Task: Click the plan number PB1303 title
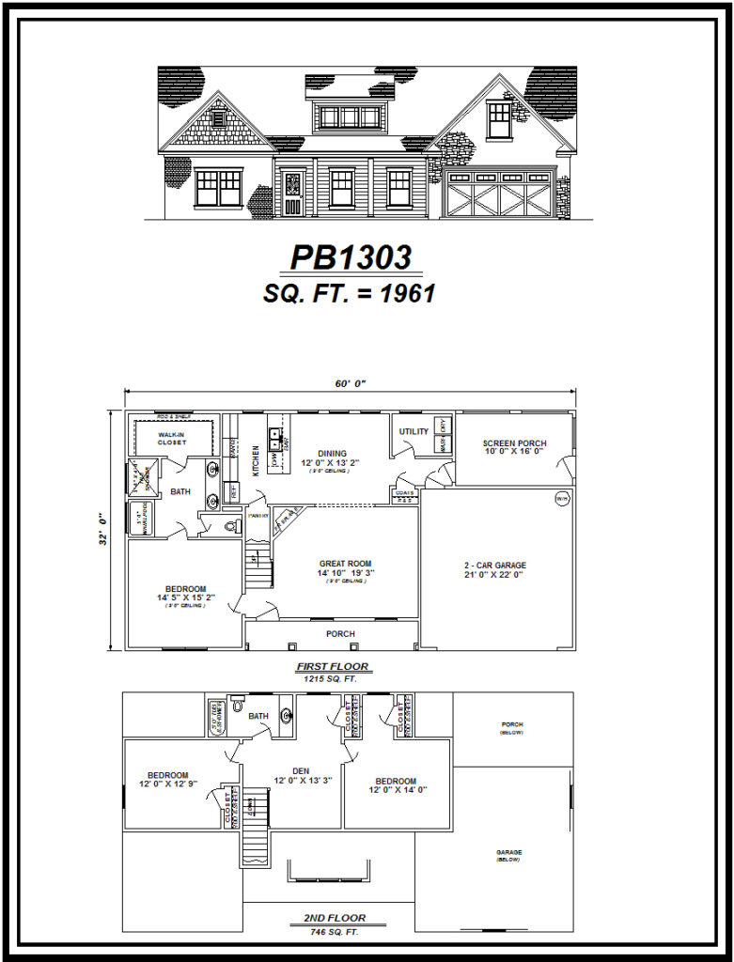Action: [x=350, y=257]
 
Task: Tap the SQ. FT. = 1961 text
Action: [x=349, y=293]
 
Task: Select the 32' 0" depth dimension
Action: [x=101, y=529]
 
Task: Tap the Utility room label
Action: [x=414, y=432]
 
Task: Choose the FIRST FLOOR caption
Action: [x=333, y=666]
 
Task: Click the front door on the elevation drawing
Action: [x=292, y=194]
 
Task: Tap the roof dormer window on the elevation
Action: [x=351, y=116]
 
